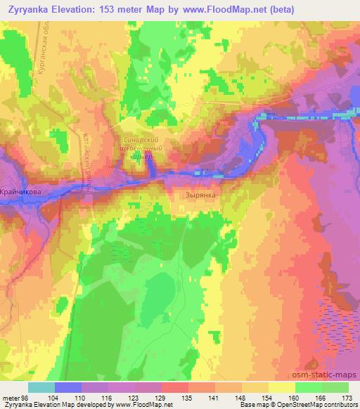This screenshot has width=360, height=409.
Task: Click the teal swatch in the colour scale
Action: (41, 387)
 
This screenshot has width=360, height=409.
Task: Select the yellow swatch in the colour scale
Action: (282, 387)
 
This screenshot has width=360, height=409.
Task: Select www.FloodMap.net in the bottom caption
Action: (142, 405)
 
